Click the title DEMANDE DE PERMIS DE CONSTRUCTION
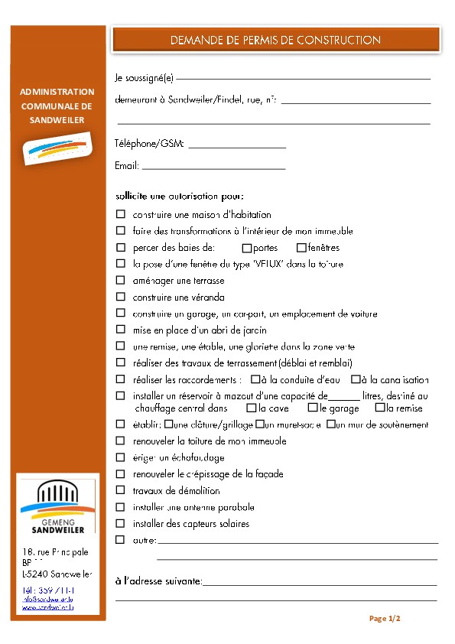275,40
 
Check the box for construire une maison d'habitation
121,215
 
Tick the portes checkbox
246,248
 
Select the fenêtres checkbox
301,248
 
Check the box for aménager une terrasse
121,281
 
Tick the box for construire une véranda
121,297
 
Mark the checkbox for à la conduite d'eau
254,379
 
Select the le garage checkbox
313,408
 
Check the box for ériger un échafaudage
121,457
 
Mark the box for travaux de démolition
121,490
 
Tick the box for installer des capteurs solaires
121,524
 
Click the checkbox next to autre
121,540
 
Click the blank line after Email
213,167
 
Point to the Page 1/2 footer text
385,618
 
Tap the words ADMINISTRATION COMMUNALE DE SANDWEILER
57,106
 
